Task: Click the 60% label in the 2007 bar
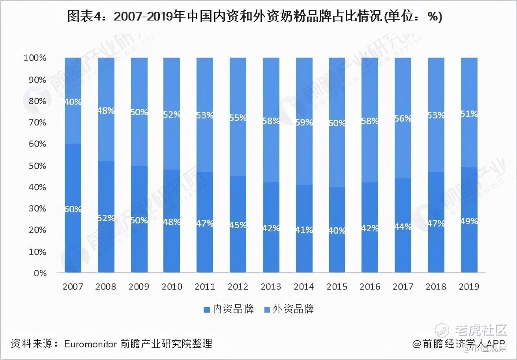pos(73,209)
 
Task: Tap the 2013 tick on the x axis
pos(271,286)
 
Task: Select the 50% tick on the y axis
pos(37,165)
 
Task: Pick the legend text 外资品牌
pos(293,309)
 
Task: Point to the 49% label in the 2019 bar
pos(469,221)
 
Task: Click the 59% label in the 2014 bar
pos(304,122)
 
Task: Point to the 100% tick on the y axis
pos(35,58)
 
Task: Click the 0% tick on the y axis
pos(40,273)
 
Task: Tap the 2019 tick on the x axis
pos(469,286)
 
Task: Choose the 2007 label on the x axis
pos(73,286)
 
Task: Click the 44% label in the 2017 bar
pos(403,227)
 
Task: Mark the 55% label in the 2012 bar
pos(238,117)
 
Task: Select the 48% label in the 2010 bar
pos(172,222)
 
